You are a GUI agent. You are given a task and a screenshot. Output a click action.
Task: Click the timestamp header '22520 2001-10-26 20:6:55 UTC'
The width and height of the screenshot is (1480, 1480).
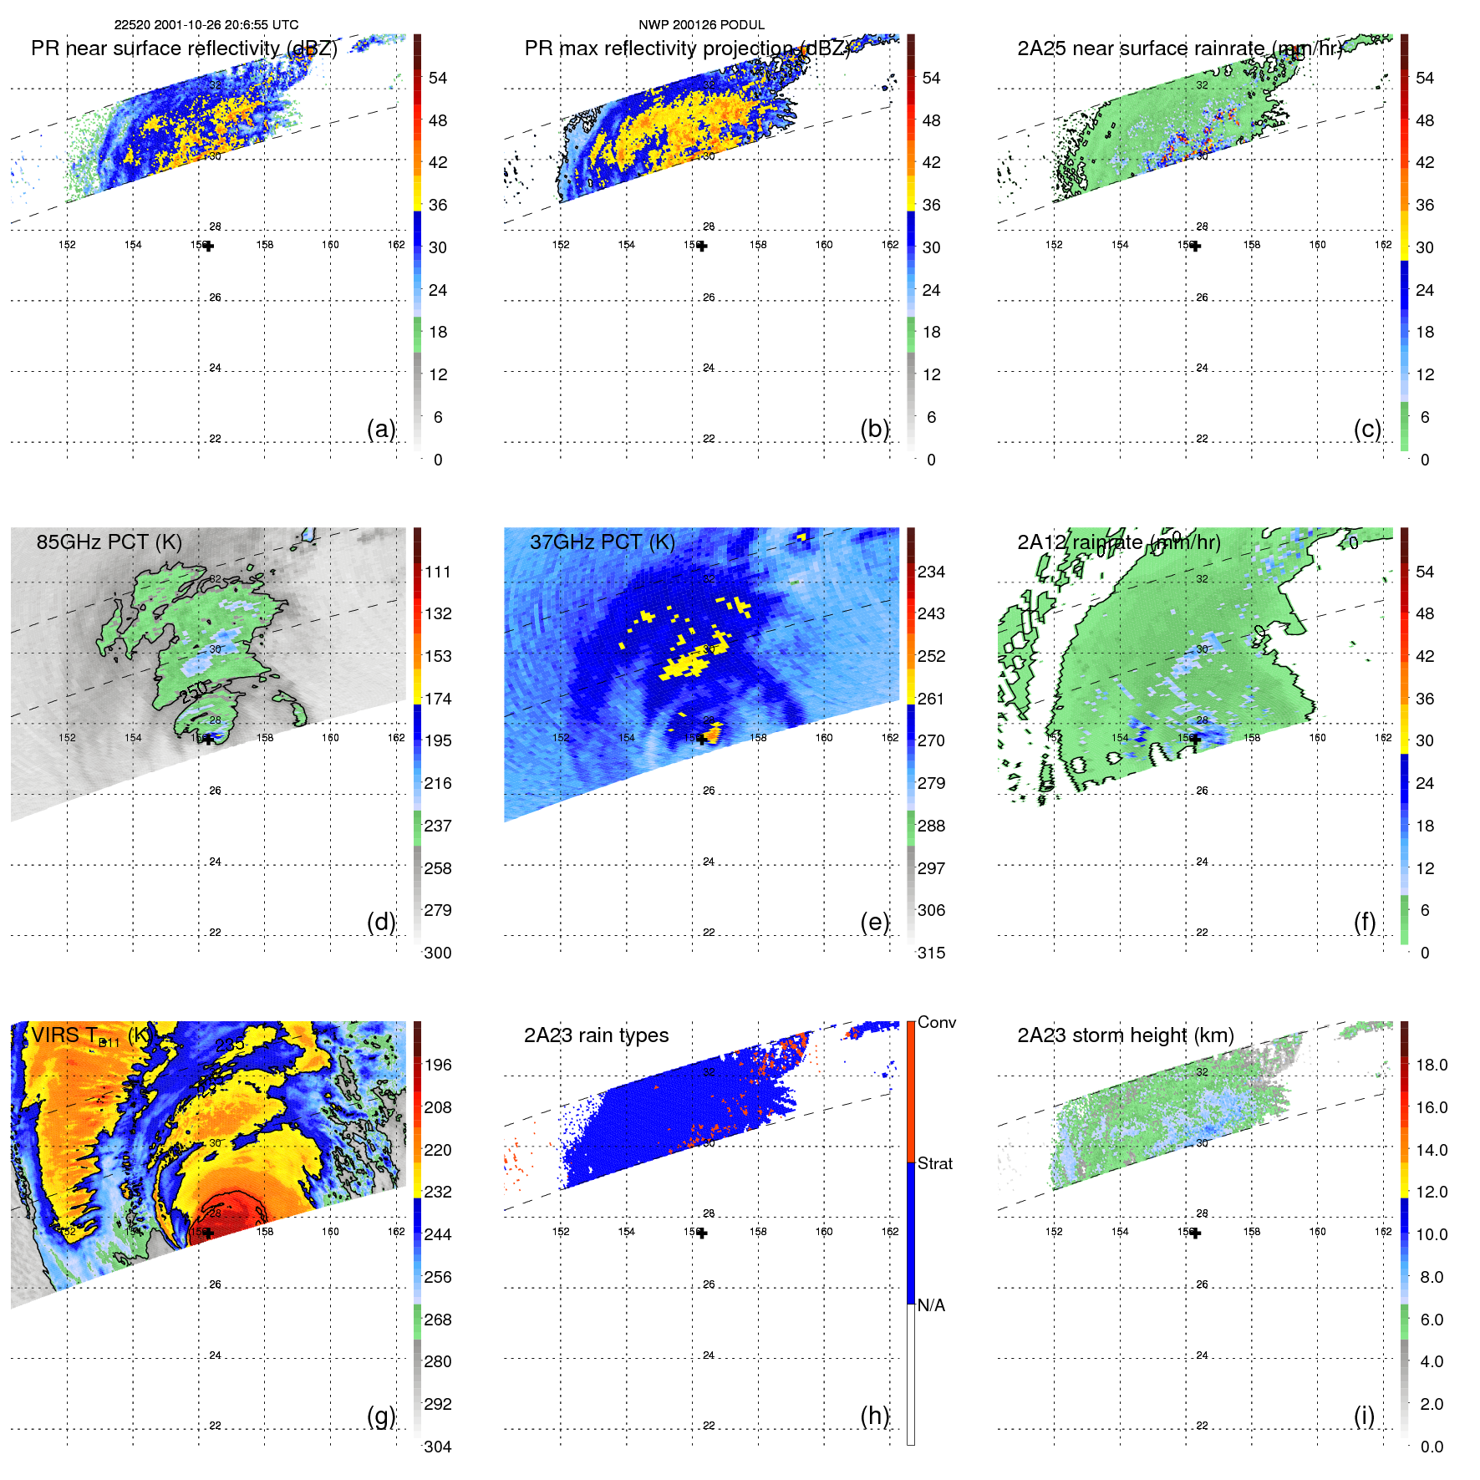coord(206,25)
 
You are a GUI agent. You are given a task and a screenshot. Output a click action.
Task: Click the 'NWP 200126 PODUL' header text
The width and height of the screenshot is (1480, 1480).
coord(701,25)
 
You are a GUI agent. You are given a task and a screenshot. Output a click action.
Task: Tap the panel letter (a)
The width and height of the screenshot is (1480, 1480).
coord(381,429)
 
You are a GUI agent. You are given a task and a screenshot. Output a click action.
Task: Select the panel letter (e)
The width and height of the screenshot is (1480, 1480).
coord(875,922)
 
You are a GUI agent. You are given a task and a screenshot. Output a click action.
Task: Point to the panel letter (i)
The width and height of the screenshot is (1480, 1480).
coord(1364,1416)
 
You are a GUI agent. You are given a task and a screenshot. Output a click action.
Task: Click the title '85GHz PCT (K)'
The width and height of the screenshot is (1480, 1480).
coord(109,542)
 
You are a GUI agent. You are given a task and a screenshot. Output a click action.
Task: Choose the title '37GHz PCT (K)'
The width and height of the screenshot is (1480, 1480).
coord(602,542)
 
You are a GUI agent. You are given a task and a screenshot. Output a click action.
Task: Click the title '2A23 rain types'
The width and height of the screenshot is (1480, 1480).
coord(596,1035)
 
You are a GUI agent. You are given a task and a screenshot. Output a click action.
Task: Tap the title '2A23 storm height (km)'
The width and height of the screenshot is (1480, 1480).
coord(1125,1035)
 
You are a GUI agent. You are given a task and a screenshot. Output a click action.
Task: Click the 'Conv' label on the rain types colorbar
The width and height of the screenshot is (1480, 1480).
coord(936,1022)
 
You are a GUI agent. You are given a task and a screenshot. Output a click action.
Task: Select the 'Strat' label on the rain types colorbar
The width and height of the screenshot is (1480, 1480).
coord(934,1163)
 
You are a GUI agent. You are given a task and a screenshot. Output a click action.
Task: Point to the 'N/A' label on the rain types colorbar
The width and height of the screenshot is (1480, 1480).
coord(931,1305)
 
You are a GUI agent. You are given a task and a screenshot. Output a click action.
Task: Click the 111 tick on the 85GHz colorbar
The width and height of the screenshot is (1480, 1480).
coord(437,572)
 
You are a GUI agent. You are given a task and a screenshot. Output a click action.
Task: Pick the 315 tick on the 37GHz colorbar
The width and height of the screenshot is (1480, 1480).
coord(931,953)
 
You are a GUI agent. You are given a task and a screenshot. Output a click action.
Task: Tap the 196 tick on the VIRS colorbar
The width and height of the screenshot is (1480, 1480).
coord(437,1065)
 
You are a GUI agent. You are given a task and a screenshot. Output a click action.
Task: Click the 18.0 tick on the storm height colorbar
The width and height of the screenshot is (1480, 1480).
coord(1431,1065)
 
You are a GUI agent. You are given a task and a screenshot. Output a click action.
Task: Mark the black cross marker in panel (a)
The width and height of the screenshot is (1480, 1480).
coord(208,246)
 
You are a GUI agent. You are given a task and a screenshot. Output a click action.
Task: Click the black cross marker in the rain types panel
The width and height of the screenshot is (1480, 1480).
coord(702,1233)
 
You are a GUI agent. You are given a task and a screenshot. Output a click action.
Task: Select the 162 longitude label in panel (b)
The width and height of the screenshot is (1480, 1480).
coord(890,245)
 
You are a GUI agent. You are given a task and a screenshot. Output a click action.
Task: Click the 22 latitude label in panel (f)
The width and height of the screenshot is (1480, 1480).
coord(1202,933)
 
